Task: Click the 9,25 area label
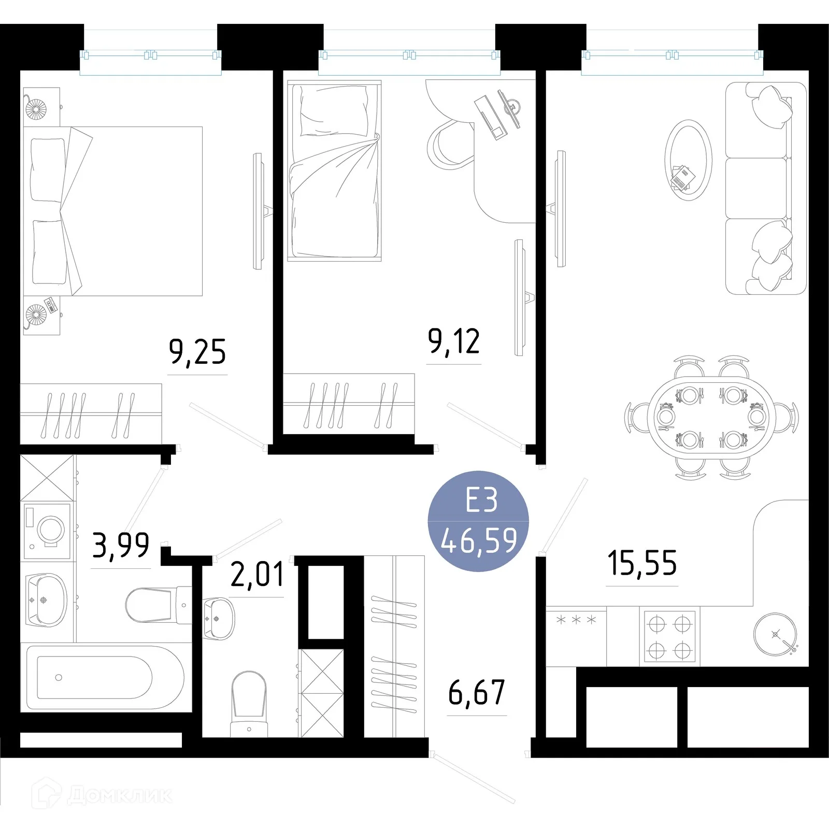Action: pyautogui.click(x=197, y=352)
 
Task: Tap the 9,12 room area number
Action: pyautogui.click(x=454, y=341)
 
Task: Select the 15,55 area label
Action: pyautogui.click(x=642, y=563)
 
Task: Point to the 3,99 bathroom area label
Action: pyautogui.click(x=121, y=545)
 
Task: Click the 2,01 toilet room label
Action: pyautogui.click(x=257, y=574)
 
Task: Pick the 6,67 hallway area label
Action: pyautogui.click(x=477, y=693)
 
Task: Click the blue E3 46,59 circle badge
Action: pyautogui.click(x=478, y=521)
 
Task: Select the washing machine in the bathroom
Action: pyautogui.click(x=47, y=531)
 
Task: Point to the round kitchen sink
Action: pyautogui.click(x=775, y=635)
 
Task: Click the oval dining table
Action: pyautogui.click(x=711, y=418)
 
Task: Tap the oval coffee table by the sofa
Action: pyautogui.click(x=689, y=161)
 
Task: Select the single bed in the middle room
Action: pyautogui.click(x=334, y=170)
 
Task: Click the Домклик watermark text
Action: pyautogui.click(x=120, y=795)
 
